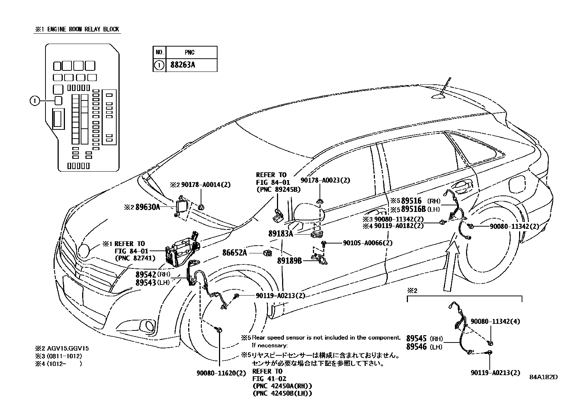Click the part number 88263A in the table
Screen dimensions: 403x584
pyautogui.click(x=182, y=65)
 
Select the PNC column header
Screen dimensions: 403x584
pyautogui.click(x=190, y=52)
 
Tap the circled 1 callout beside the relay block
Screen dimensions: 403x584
pyautogui.click(x=34, y=100)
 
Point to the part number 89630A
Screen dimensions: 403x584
pyautogui.click(x=147, y=207)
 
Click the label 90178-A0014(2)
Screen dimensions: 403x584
pyautogui.click(x=205, y=185)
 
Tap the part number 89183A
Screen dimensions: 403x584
pyautogui.click(x=281, y=233)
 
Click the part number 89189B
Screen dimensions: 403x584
pyautogui.click(x=289, y=260)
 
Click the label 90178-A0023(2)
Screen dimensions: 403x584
pyautogui.click(x=325, y=180)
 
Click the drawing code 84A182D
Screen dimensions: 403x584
pyautogui.click(x=543, y=377)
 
